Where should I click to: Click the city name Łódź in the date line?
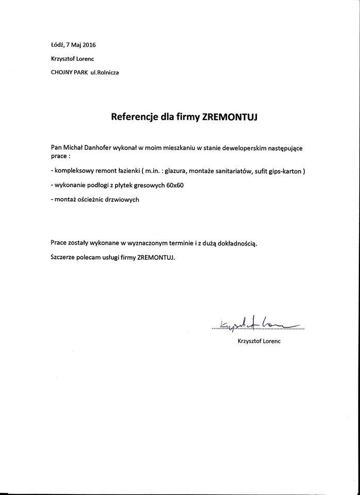[58, 45]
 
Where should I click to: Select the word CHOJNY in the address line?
[62, 72]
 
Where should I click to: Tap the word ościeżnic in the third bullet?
[94, 199]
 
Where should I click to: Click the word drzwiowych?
[125, 199]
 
